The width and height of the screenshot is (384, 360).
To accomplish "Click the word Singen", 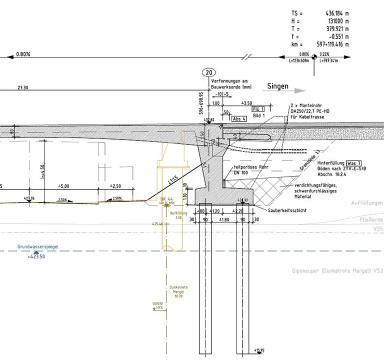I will click(x=278, y=86).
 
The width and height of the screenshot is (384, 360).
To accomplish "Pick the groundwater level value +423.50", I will click(x=36, y=256).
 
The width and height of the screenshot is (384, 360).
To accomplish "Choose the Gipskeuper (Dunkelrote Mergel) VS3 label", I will click(x=337, y=270).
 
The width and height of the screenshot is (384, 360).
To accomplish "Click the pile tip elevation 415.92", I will click(x=259, y=350).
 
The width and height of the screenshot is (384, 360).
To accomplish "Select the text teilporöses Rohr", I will click(x=249, y=167).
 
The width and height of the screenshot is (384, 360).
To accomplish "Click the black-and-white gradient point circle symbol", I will click(x=314, y=56).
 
